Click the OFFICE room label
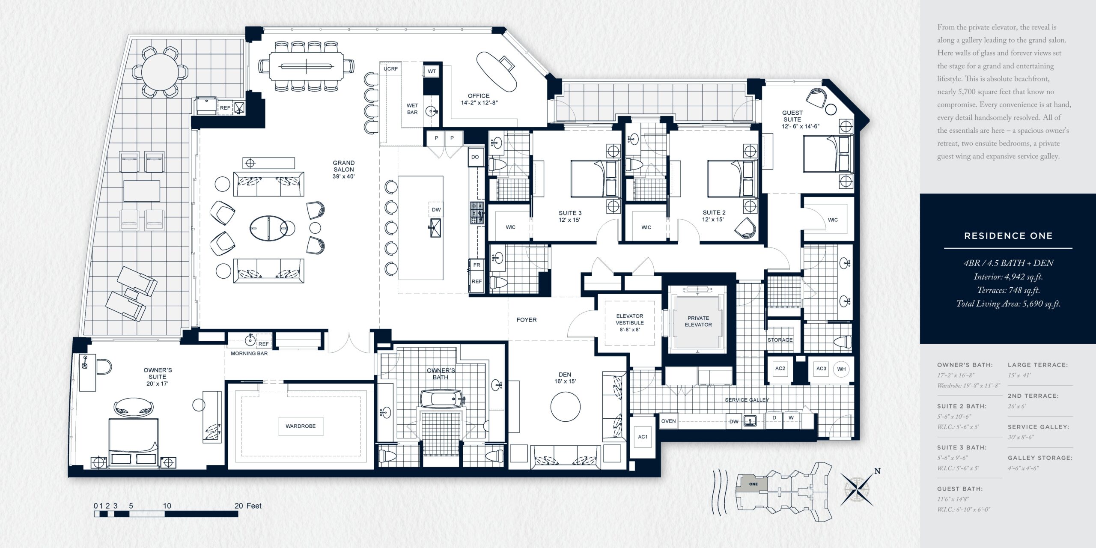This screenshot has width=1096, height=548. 479,96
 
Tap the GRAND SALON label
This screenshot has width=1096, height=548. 344,166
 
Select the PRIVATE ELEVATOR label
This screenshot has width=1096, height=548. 698,321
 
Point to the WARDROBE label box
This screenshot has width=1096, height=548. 301,426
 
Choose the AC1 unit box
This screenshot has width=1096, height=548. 643,437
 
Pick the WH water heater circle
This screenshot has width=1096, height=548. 841,369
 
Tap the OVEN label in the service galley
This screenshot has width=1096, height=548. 668,421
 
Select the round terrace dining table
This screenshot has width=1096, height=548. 160,71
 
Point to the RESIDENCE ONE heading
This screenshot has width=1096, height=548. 1008,236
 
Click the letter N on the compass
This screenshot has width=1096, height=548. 877,471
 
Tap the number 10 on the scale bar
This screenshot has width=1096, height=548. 167,506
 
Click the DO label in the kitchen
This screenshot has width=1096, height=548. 475,157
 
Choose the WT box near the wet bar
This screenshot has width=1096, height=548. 432,71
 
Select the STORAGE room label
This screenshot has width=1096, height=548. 780,340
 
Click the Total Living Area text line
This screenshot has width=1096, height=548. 1008,304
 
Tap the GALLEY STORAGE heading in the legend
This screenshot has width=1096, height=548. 1040,458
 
